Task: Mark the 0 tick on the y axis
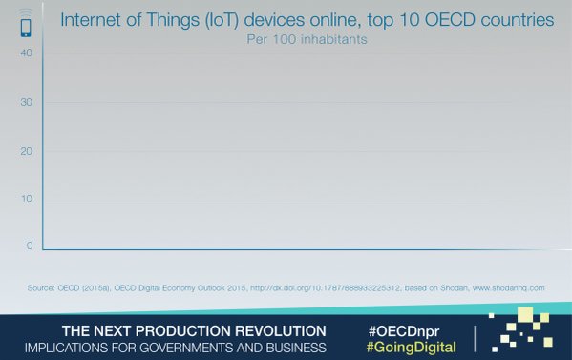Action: click(29, 245)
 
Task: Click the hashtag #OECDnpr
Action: click(408, 329)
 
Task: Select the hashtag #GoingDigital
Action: click(412, 346)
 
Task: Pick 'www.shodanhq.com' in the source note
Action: click(508, 287)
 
